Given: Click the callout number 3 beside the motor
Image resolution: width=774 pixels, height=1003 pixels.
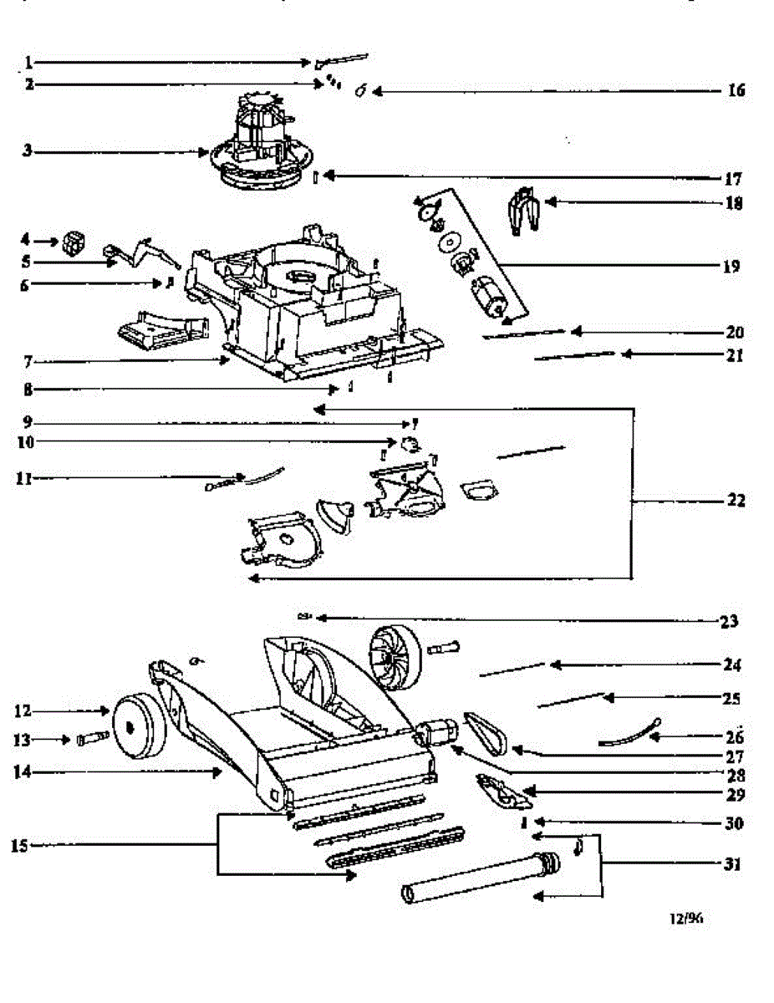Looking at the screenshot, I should (x=28, y=151).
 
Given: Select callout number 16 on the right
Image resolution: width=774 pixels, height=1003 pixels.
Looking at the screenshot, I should (x=735, y=90).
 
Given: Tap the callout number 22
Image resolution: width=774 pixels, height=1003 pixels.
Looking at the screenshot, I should (x=735, y=501).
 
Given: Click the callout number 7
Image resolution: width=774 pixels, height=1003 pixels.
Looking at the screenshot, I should (x=28, y=361).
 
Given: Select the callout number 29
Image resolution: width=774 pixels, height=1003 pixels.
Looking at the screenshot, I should (x=735, y=793).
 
